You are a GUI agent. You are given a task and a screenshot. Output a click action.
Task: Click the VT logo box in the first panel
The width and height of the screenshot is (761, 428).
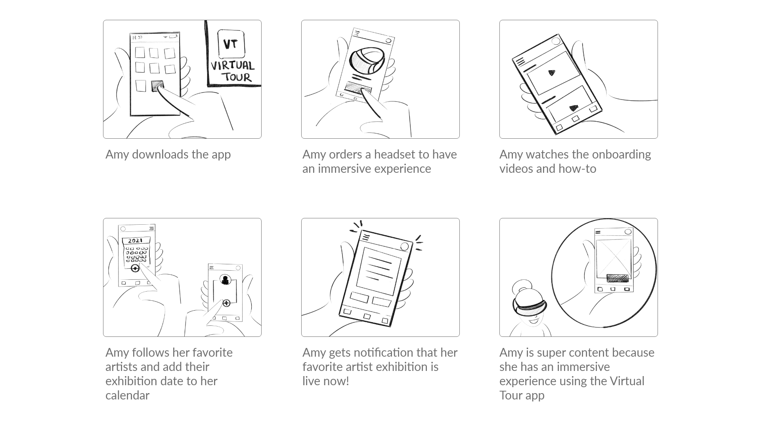click(x=231, y=44)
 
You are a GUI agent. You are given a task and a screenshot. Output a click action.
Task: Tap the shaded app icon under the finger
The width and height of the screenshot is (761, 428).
click(x=157, y=86)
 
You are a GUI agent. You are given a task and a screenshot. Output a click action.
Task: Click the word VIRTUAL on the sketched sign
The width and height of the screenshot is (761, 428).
click(x=233, y=65)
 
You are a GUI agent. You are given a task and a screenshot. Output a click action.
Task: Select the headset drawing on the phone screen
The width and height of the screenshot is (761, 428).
click(x=367, y=61)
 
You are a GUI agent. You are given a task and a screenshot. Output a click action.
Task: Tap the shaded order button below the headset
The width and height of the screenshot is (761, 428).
click(x=358, y=88)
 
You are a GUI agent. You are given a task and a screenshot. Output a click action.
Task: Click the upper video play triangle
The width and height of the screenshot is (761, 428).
click(x=551, y=73)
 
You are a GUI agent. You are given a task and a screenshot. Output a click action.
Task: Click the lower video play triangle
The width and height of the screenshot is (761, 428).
click(x=573, y=107)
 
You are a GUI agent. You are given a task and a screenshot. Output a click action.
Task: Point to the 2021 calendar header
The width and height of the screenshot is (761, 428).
click(x=136, y=241)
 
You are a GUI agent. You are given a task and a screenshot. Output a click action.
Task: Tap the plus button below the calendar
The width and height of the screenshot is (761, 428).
click(x=135, y=268)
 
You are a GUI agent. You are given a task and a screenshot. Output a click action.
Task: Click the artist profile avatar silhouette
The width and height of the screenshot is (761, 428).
click(x=226, y=280)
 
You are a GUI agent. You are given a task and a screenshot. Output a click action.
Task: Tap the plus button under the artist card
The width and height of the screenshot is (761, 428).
click(x=226, y=303)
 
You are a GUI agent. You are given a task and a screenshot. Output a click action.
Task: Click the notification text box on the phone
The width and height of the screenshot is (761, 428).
click(x=379, y=271)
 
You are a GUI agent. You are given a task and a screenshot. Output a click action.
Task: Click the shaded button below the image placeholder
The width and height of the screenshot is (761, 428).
click(x=618, y=278)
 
